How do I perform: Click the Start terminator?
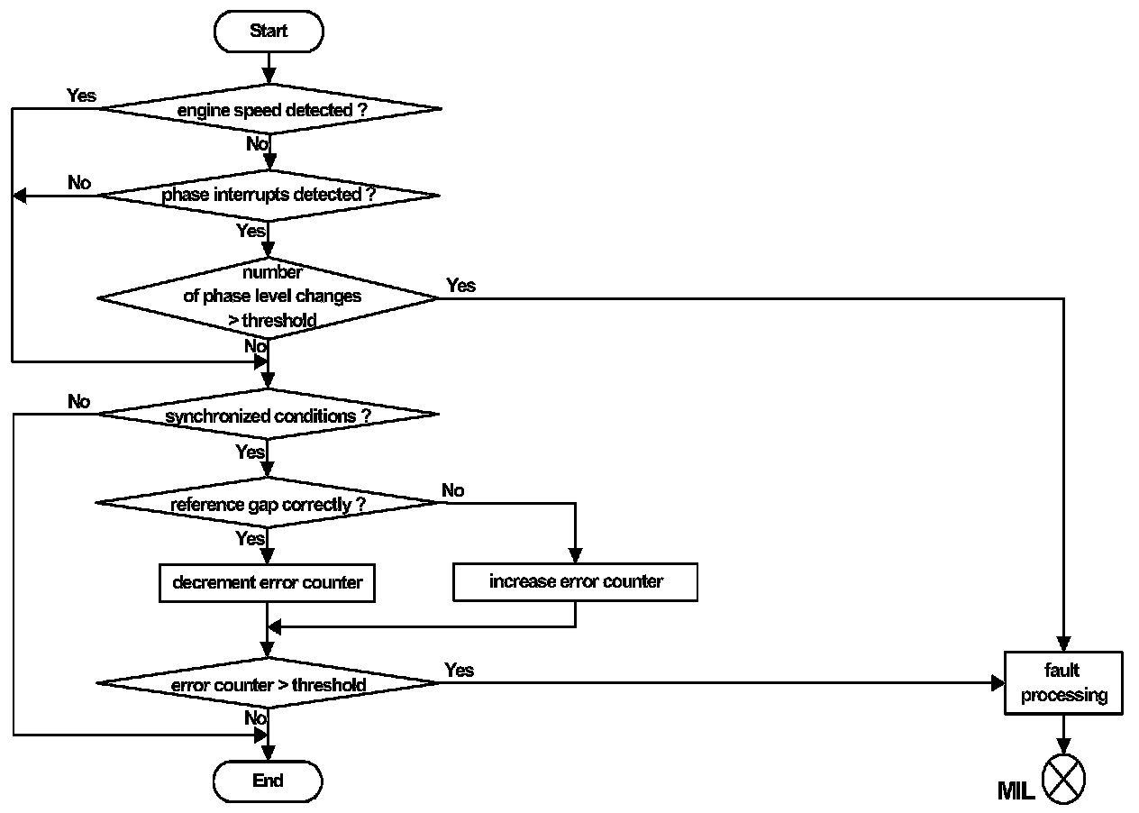268,32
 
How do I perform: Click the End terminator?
268,781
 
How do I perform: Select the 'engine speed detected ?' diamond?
269,109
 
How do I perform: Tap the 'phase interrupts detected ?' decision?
268,195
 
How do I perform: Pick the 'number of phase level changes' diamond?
268,297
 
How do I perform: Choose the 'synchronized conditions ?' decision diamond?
268,416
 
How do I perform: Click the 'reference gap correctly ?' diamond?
268,504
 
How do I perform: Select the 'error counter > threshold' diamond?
268,685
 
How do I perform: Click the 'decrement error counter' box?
268,582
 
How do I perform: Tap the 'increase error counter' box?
575,582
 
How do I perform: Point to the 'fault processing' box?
1063,683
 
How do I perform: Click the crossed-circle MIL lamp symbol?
1063,780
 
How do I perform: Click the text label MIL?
1016,791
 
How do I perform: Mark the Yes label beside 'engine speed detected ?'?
81,95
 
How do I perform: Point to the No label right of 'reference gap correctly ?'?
453,490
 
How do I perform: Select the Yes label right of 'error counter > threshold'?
460,670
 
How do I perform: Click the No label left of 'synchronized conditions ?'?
79,401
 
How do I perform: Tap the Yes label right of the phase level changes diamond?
460,285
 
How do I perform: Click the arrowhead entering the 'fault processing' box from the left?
998,683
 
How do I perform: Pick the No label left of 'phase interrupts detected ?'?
79,182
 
